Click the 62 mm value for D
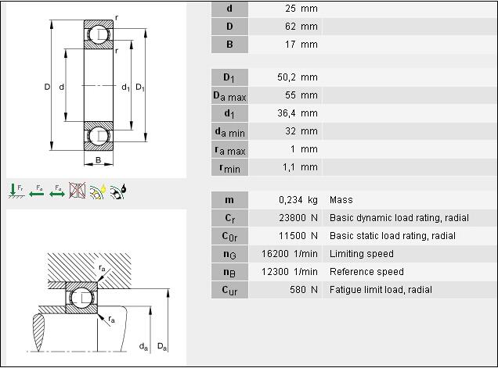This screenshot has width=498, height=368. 301,27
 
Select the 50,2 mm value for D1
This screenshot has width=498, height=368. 298,77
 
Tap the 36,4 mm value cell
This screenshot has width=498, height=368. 298,113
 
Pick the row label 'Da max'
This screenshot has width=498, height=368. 229,96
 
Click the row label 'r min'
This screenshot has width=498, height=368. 229,168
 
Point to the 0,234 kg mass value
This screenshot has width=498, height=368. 298,200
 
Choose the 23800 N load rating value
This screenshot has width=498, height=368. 298,218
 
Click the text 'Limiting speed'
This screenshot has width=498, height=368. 362,254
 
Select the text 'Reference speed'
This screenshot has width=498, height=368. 366,272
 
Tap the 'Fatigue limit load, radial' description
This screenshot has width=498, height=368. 381,290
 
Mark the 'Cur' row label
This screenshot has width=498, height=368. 229,290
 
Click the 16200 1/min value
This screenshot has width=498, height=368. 290,254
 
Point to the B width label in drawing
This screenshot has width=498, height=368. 98,160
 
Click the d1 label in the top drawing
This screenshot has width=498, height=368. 126,88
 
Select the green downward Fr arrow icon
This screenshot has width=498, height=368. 13,191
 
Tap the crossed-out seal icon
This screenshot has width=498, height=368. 78,191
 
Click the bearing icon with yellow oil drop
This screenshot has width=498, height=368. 98,191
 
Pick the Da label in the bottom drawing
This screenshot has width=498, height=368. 162,346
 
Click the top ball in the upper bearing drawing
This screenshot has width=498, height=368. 99,35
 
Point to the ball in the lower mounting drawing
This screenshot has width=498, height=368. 81,298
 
